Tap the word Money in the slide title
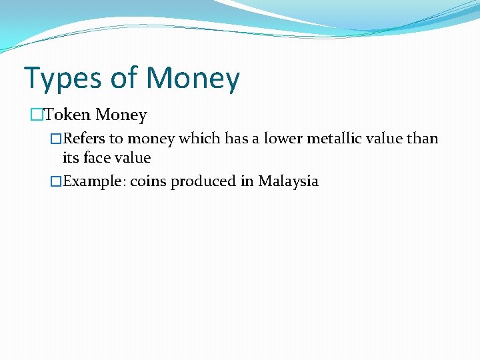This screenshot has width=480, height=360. [x=193, y=78]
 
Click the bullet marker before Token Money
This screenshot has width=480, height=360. [x=37, y=115]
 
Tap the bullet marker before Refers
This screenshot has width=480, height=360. [x=57, y=139]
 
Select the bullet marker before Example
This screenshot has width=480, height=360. [x=57, y=181]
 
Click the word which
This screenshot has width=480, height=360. [x=198, y=139]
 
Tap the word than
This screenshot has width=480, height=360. [x=423, y=139]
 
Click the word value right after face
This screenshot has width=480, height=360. [x=133, y=158]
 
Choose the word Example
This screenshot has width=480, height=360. [x=93, y=181]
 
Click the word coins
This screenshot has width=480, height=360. [x=148, y=181]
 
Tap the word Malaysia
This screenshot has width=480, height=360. [x=288, y=181]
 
